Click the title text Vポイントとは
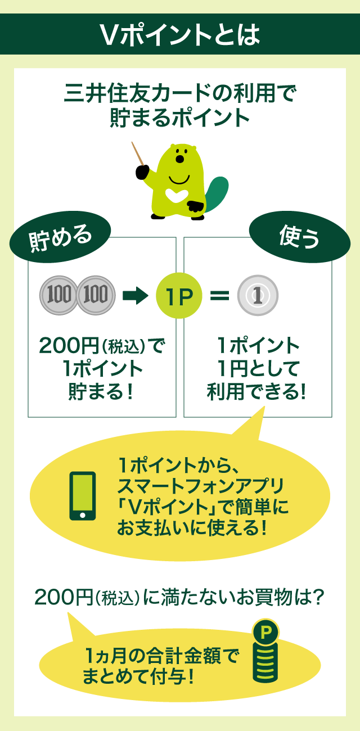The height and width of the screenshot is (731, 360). click(180, 35)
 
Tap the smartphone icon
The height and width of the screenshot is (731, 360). click(82, 495)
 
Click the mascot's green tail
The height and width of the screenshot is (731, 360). click(217, 194)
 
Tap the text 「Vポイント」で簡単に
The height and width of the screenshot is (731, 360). click(200, 508)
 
